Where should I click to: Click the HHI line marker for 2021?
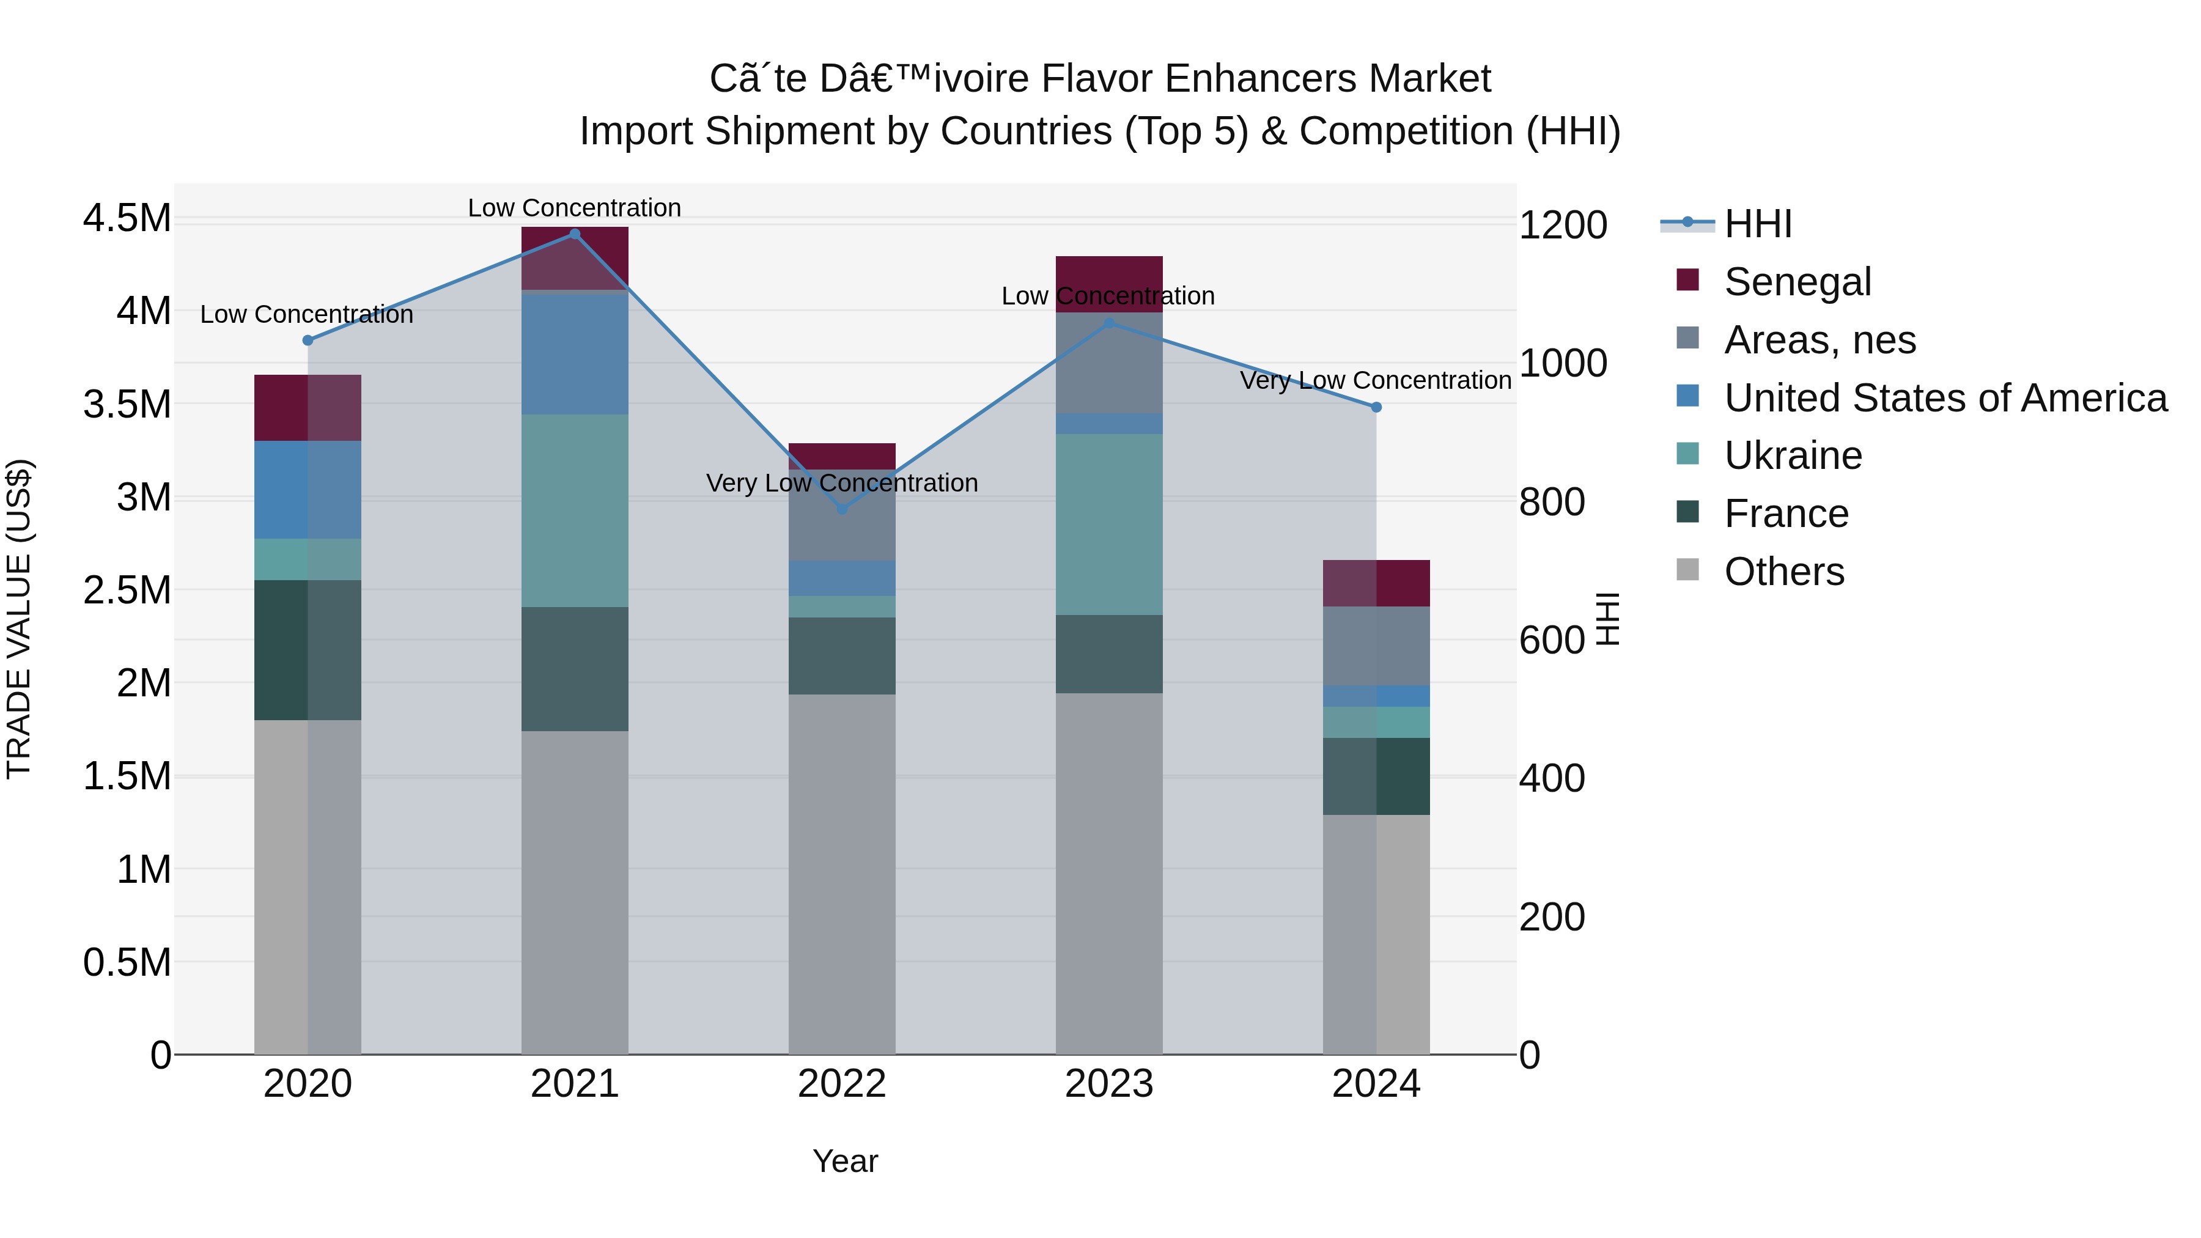(x=574, y=234)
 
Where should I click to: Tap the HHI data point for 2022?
(x=842, y=509)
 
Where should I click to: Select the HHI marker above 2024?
(x=1376, y=408)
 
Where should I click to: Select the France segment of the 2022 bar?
(x=842, y=655)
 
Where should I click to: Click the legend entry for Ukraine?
(x=1793, y=455)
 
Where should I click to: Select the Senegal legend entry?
(x=1797, y=282)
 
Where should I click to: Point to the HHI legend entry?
(x=1758, y=224)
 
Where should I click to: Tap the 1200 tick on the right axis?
(x=1563, y=226)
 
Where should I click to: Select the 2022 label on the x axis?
(x=842, y=1084)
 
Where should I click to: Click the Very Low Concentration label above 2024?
(x=1375, y=380)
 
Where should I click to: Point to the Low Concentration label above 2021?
(x=574, y=208)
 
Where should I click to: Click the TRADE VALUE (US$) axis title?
(x=19, y=619)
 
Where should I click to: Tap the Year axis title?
(x=845, y=1161)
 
